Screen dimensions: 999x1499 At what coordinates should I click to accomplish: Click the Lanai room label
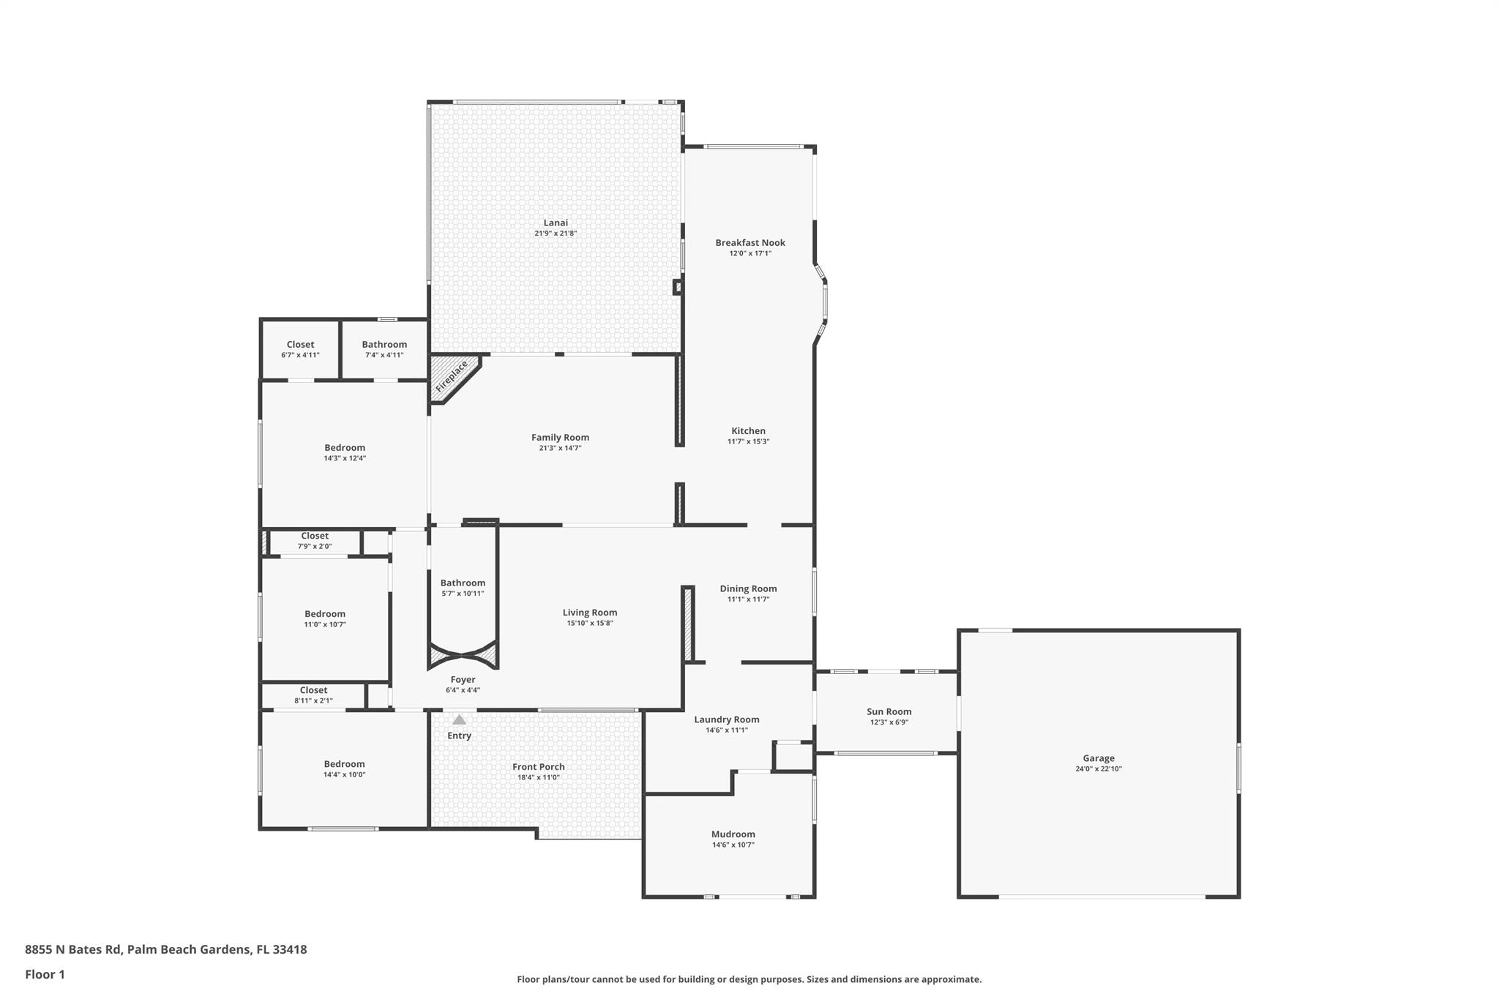pos(556,223)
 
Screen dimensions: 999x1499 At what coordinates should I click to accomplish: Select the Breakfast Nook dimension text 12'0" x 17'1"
pos(750,253)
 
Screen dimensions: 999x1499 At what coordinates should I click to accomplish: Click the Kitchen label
pos(748,431)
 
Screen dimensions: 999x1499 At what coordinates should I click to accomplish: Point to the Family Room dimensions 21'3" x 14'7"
pos(560,448)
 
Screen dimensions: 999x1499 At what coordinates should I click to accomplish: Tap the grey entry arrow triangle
pos(459,720)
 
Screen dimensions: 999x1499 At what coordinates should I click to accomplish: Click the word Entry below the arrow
pos(459,736)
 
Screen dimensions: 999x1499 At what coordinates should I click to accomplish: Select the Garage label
pos(1098,758)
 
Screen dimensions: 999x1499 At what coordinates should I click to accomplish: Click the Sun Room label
pos(889,711)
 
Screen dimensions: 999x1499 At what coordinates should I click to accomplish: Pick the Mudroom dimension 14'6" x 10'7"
pos(733,845)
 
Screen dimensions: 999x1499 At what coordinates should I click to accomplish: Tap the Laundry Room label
pos(726,719)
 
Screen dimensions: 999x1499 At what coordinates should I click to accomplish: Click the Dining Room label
pos(748,588)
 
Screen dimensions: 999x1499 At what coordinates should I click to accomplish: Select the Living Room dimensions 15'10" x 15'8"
pos(589,624)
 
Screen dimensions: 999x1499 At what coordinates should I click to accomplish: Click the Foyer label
pos(463,680)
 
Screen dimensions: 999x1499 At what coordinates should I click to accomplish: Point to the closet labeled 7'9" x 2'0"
pos(315,541)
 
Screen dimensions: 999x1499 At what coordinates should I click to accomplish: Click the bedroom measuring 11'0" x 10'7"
pos(325,618)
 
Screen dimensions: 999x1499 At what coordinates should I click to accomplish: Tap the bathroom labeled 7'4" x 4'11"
pos(384,349)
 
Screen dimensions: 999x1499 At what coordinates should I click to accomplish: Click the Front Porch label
pos(538,767)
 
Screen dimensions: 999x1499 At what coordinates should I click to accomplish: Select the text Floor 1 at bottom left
pos(45,974)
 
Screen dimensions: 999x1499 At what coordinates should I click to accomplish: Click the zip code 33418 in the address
pos(289,949)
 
